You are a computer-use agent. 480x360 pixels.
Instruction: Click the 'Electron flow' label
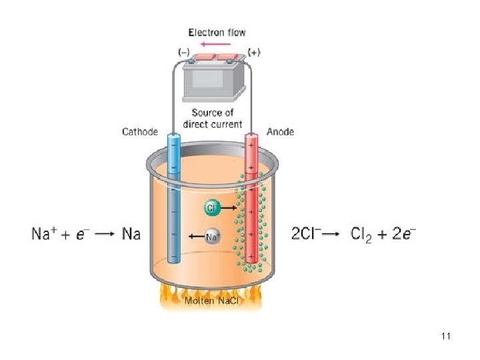pyautogui.click(x=217, y=32)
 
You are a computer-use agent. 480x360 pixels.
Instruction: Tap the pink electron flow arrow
pyautogui.click(x=217, y=44)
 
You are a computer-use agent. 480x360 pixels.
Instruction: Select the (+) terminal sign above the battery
pyautogui.click(x=254, y=52)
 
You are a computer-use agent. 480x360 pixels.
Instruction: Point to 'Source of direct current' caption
pyautogui.click(x=217, y=118)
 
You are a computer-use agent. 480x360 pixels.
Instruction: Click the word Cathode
pyautogui.click(x=140, y=132)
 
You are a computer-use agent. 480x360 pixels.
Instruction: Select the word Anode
pyautogui.click(x=280, y=132)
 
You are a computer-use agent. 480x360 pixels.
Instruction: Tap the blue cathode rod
pyautogui.click(x=173, y=200)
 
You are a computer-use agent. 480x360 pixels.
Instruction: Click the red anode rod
pyautogui.click(x=252, y=200)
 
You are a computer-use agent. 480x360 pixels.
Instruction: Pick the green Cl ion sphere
pyautogui.click(x=211, y=208)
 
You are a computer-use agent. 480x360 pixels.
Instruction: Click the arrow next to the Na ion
pyautogui.click(x=195, y=236)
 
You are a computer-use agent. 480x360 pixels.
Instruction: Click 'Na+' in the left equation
pyautogui.click(x=46, y=235)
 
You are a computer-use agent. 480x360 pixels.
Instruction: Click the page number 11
pyautogui.click(x=446, y=337)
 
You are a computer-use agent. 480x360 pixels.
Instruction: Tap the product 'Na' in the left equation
pyautogui.click(x=131, y=235)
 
